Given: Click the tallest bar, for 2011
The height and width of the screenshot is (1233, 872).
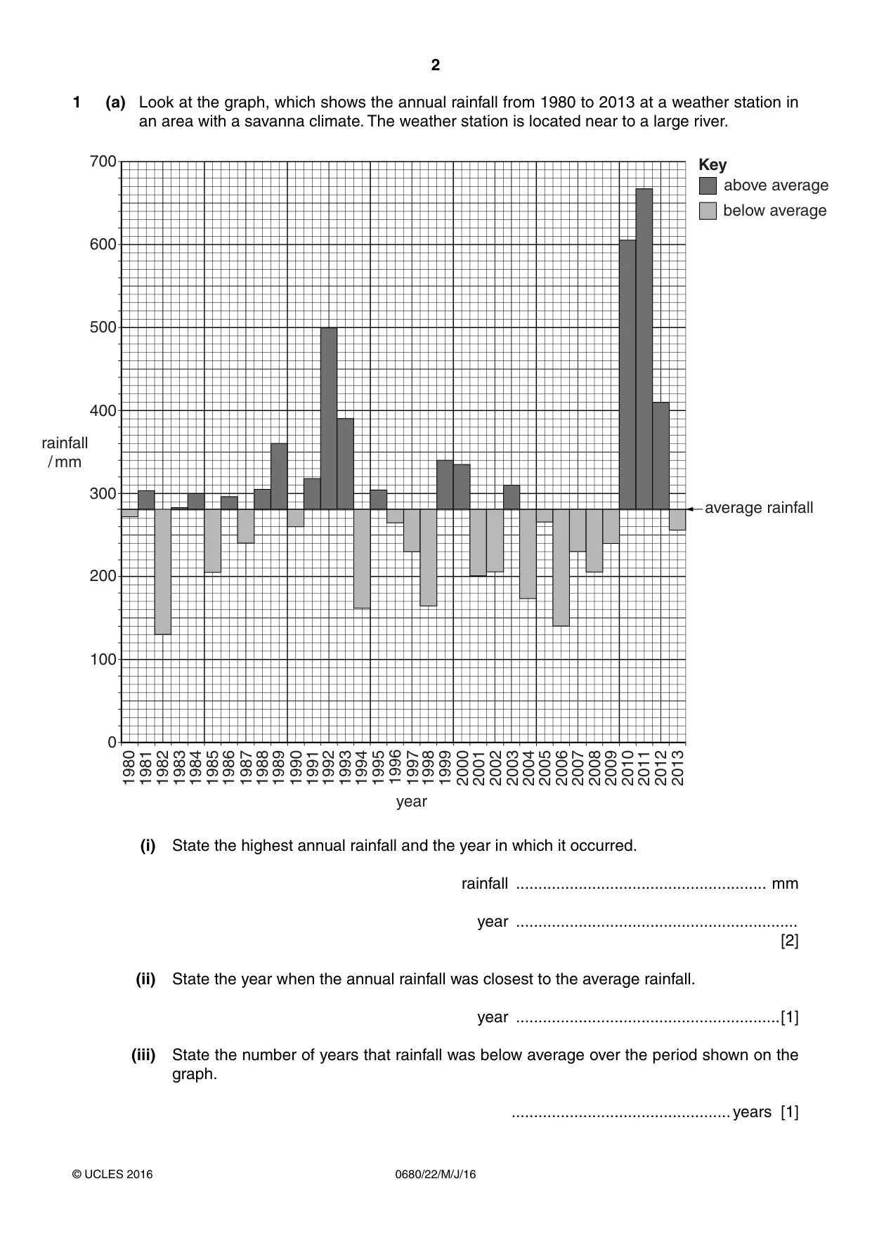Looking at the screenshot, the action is point(644,348).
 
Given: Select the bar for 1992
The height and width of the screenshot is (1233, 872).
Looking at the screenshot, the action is point(329,418).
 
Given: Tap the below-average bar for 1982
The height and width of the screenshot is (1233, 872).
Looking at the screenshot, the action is point(163,572).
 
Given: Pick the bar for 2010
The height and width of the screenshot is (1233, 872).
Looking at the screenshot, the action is point(627,374).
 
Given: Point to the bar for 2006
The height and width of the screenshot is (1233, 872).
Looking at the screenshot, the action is point(561,568).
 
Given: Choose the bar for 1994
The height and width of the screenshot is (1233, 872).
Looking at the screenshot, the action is point(362,559).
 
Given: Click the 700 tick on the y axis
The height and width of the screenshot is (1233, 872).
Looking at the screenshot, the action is point(103,162).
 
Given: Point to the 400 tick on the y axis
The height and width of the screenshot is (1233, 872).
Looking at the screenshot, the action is point(103,410).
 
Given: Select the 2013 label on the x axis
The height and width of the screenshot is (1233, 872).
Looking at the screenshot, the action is point(677,767).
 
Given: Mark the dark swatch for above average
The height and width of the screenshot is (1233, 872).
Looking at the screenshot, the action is point(708,185).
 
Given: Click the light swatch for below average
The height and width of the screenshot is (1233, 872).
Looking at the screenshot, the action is point(708,211).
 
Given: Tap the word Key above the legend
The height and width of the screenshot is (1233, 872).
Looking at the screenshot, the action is point(712,165).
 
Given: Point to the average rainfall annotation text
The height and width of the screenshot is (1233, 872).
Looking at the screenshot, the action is point(759,508).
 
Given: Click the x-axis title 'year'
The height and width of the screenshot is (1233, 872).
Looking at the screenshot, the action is point(411,802).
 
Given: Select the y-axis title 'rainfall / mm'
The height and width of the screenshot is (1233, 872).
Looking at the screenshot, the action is point(65,452).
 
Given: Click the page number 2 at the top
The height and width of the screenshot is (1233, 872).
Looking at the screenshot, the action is point(436,65).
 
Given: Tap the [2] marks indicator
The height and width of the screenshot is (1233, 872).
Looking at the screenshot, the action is point(790,941).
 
